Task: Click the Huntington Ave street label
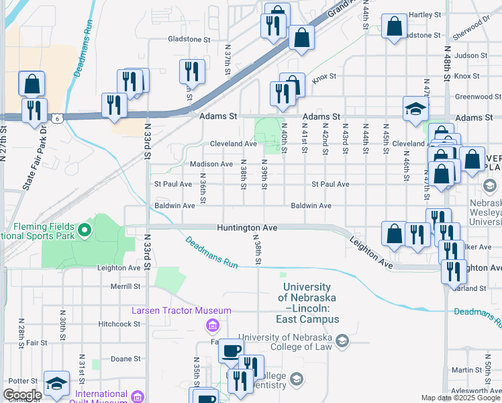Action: [247, 228]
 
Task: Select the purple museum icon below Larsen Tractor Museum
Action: [212, 326]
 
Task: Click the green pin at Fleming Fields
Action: [84, 232]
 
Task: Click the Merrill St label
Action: [126, 285]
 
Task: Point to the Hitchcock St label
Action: [119, 323]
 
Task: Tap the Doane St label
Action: [126, 359]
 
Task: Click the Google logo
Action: [22, 395]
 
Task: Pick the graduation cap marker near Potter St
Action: [57, 384]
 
